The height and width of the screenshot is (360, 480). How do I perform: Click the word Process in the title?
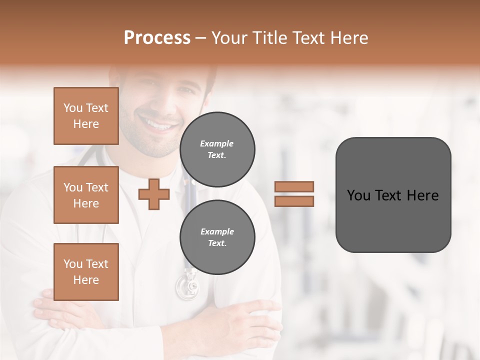click(157, 38)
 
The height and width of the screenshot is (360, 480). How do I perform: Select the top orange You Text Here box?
click(86, 116)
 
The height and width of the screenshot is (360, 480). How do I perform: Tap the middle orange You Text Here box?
click(86, 195)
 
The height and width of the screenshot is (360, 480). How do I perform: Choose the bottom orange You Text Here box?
click(86, 272)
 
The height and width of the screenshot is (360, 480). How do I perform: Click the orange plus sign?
click(154, 194)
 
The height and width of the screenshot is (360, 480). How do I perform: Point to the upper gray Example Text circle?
click(217, 149)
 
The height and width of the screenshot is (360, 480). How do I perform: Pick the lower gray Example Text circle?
click(217, 237)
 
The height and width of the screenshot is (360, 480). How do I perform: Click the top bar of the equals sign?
click(294, 186)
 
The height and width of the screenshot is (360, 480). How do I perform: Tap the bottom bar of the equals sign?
click(294, 201)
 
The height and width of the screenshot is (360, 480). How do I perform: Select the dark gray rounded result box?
click(393, 195)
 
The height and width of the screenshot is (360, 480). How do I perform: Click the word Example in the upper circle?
click(217, 143)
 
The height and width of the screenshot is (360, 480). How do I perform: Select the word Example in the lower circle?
click(217, 231)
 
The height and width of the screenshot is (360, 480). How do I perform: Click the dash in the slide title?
click(200, 38)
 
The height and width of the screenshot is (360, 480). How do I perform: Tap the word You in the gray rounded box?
click(358, 195)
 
